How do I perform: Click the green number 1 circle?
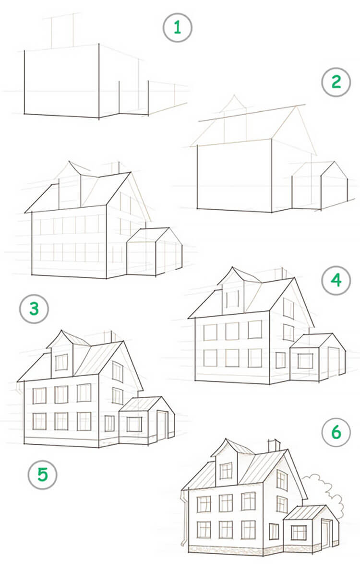(178, 28)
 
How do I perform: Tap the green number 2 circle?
(336, 82)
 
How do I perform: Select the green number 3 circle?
(34, 309)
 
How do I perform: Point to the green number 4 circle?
(336, 280)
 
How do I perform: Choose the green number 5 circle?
(43, 475)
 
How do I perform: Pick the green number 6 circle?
(336, 432)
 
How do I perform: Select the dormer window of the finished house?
(226, 471)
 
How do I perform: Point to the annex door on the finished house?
(327, 533)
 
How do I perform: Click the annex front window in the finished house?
(299, 533)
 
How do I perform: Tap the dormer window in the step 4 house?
(232, 299)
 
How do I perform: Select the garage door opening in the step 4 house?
(333, 362)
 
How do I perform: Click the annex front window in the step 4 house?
(305, 361)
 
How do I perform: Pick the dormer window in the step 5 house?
(61, 362)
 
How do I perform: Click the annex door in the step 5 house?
(162, 425)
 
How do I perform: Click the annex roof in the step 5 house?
(140, 404)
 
